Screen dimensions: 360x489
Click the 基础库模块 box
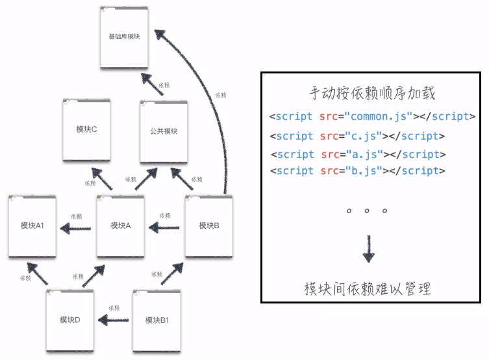[124, 37]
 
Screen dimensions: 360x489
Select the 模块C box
[86, 130]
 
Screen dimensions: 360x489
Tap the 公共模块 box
[164, 131]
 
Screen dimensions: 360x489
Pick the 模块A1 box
[32, 226]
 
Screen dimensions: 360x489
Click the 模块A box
[121, 226]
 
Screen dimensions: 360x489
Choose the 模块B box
[209, 226]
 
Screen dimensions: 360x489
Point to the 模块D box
[69, 320]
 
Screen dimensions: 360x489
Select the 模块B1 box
[157, 320]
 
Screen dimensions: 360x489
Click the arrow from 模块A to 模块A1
[76, 227]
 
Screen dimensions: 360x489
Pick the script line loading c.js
[358, 136]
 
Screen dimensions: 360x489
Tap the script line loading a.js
[359, 155]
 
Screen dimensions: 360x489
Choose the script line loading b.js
[358, 171]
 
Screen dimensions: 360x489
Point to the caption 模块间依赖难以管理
[368, 288]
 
